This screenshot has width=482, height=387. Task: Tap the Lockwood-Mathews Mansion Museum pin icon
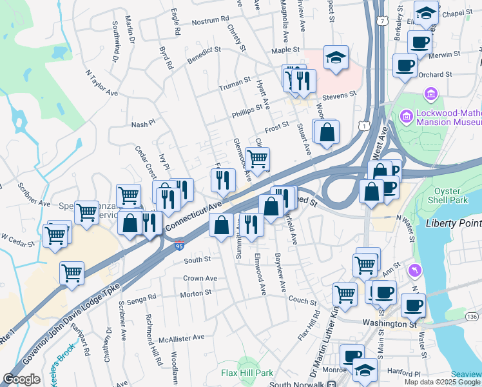pyautogui.click(x=406, y=117)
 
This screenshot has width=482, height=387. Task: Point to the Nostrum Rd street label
pyautogui.click(x=206, y=21)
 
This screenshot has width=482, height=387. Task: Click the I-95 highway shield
pyautogui.click(x=178, y=245)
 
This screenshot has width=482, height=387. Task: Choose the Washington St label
pyautogui.click(x=389, y=323)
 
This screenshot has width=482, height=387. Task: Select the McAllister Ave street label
pyautogui.click(x=182, y=337)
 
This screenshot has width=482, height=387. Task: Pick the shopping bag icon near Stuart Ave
pyautogui.click(x=327, y=132)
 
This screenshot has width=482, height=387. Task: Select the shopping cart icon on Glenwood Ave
pyautogui.click(x=257, y=159)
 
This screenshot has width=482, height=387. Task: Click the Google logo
pyautogui.click(x=21, y=379)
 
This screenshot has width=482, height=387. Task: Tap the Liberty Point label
pyautogui.click(x=454, y=223)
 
